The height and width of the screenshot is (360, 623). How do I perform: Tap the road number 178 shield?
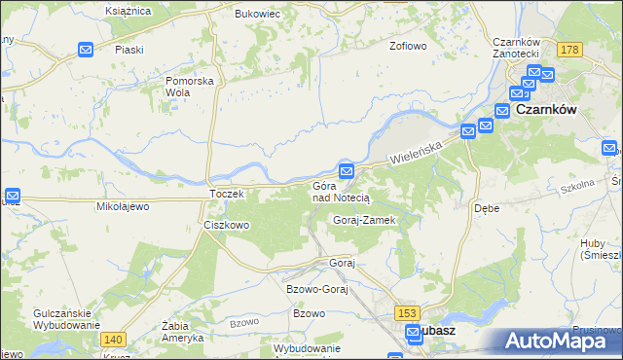[x=570, y=50]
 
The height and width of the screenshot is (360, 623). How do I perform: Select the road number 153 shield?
[x=408, y=312]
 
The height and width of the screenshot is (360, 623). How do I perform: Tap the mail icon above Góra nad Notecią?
[x=347, y=171]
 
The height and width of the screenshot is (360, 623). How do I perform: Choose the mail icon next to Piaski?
[x=85, y=49]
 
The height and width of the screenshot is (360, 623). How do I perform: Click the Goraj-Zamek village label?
[x=364, y=221]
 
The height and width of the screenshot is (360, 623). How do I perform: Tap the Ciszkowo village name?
[x=226, y=225]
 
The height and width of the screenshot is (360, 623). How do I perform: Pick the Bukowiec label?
[x=257, y=15]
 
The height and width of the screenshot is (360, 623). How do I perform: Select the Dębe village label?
[x=486, y=208]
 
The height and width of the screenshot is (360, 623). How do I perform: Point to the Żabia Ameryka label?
[x=183, y=333]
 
